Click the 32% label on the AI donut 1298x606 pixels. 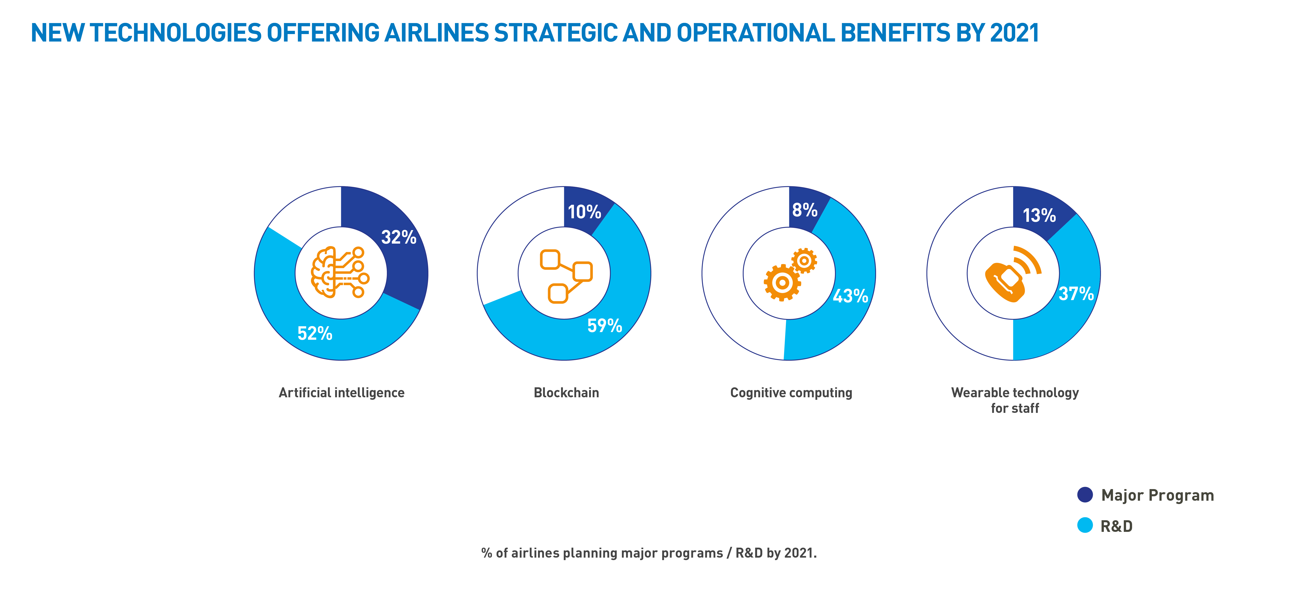[x=398, y=237]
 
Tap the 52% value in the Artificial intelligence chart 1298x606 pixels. [x=315, y=333]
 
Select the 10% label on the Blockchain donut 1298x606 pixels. [x=585, y=212]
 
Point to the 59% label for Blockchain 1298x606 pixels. [x=605, y=326]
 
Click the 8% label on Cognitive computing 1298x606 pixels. [x=805, y=210]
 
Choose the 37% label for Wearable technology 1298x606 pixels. [x=1076, y=293]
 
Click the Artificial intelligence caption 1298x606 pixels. [x=342, y=393]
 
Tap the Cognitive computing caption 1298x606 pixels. [x=791, y=393]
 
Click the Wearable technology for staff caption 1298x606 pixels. [x=1015, y=400]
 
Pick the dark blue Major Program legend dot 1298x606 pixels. [x=1085, y=494]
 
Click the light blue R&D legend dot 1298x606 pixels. [x=1085, y=525]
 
